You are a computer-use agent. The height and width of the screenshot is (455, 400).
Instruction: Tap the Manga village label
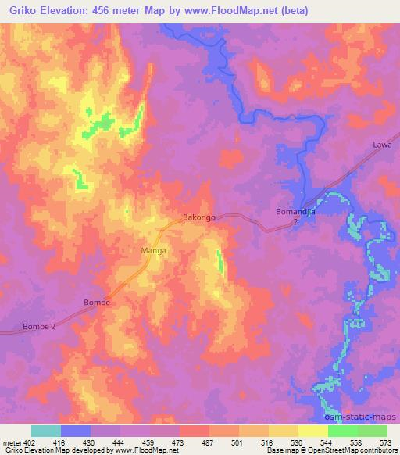[x=152, y=251]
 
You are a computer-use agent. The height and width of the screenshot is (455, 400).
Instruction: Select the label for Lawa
[x=382, y=145]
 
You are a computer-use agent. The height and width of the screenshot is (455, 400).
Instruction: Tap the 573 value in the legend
[x=385, y=442]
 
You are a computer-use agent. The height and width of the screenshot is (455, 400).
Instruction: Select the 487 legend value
[x=209, y=442]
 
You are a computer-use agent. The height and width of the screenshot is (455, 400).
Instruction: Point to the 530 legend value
[x=297, y=442]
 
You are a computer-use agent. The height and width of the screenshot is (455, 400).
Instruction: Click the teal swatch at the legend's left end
[x=46, y=431]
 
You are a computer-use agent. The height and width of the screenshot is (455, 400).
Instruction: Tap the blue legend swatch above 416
[x=76, y=431]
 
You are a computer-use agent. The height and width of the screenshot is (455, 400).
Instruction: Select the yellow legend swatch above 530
[x=283, y=431]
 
